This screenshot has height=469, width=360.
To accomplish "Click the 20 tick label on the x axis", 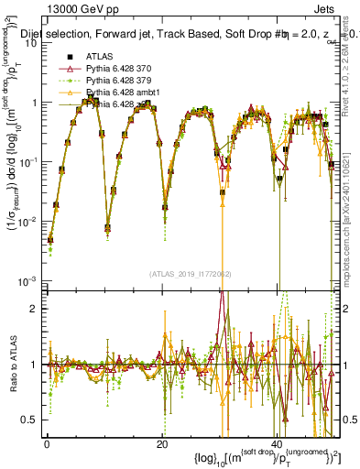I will click(x=161, y=444).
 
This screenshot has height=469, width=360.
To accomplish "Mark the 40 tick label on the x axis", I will click(x=277, y=444).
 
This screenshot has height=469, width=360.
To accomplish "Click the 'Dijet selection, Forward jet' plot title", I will click(x=119, y=34).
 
